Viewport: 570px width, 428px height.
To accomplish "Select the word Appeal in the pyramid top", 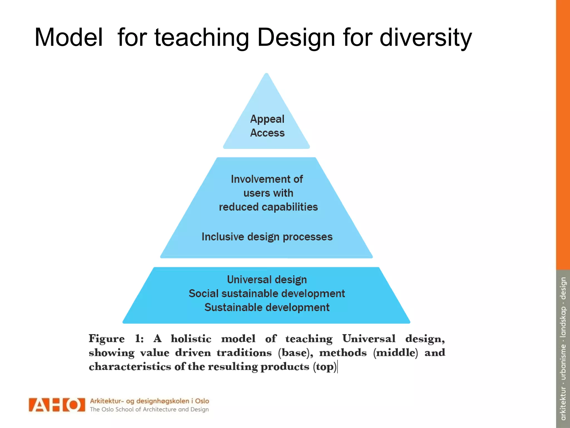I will pyautogui.click(x=267, y=119).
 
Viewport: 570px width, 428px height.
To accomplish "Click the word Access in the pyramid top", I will pyautogui.click(x=267, y=133).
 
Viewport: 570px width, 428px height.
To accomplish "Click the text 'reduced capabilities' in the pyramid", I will pyautogui.click(x=268, y=207).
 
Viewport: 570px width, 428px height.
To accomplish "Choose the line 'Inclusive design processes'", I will pyautogui.click(x=267, y=237).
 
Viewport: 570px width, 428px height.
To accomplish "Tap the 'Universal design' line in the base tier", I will pyautogui.click(x=267, y=279).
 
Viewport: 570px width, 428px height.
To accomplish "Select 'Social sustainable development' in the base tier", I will pyautogui.click(x=267, y=293).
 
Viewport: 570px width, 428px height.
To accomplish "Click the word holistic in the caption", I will pyautogui.click(x=191, y=339).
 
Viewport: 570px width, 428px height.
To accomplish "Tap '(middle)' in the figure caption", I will pyautogui.click(x=395, y=353).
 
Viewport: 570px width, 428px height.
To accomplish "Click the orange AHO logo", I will pyautogui.click(x=57, y=405).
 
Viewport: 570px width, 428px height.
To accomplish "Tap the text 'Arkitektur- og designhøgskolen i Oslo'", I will pyautogui.click(x=149, y=401).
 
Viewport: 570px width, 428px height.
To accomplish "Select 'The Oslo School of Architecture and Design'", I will pyautogui.click(x=149, y=409).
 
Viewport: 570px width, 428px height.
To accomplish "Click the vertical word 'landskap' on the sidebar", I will pyautogui.click(x=563, y=322).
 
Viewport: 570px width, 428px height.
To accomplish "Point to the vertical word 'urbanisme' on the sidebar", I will pyautogui.click(x=563, y=362).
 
